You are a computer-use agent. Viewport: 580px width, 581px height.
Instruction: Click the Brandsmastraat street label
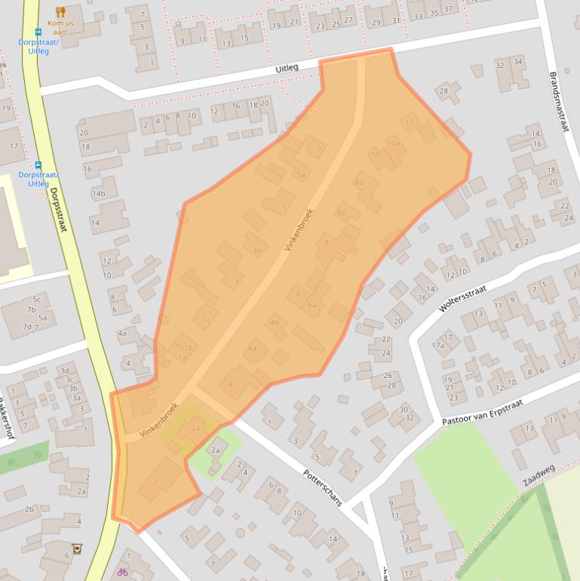(560, 102)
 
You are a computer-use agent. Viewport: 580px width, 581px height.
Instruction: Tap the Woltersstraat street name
(463, 299)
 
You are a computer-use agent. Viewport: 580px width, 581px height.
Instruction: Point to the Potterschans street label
(324, 486)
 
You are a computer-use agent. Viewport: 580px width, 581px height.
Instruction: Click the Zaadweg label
(539, 475)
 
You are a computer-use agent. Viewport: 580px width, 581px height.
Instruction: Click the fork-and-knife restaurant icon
(61, 12)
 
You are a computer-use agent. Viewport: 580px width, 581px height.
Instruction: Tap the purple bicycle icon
(122, 572)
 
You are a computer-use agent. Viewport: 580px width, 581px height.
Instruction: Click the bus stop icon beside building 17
(38, 165)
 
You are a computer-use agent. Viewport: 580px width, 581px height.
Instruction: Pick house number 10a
(393, 142)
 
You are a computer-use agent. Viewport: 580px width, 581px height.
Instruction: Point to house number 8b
(359, 183)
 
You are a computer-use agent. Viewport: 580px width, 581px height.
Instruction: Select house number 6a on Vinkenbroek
(311, 304)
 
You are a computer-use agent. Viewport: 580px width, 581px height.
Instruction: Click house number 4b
(275, 323)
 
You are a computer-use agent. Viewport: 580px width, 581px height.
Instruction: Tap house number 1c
(206, 320)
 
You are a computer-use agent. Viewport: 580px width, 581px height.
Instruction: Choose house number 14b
(98, 194)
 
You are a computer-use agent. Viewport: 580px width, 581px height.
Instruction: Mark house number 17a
(437, 345)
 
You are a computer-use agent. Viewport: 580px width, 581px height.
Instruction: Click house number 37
(448, 11)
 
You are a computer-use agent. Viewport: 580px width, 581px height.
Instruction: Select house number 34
(517, 63)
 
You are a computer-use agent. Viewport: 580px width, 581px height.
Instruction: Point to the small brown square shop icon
(76, 549)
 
